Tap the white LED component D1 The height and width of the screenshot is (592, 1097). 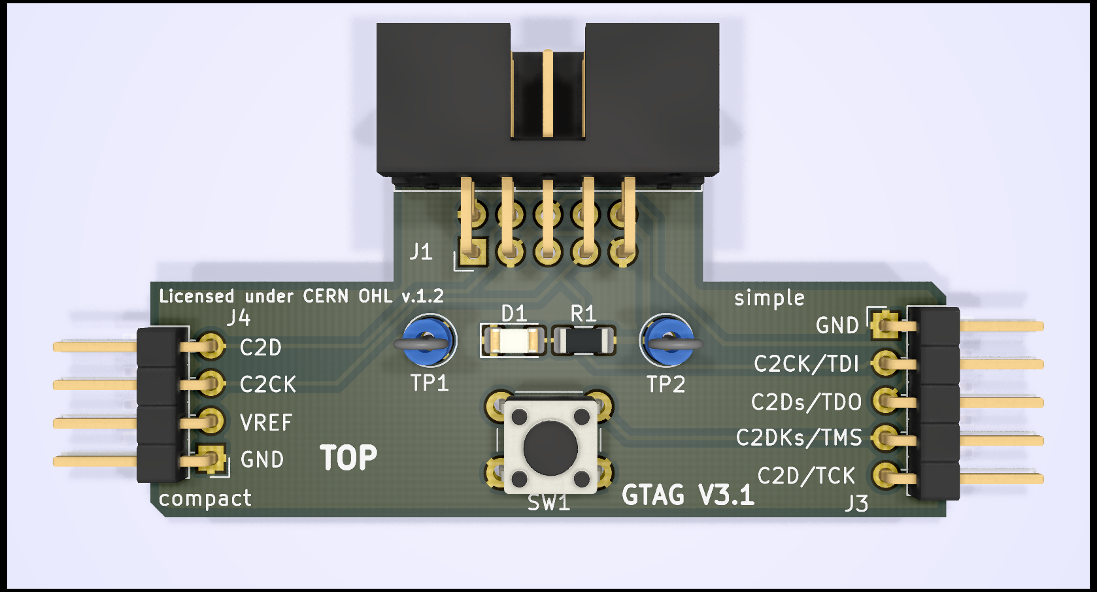click(513, 340)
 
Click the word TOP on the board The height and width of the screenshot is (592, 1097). click(348, 457)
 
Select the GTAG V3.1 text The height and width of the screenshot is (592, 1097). click(688, 495)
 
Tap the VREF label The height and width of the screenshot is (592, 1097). click(265, 423)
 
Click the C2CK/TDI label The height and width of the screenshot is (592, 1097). click(806, 363)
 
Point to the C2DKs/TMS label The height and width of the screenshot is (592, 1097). click(799, 437)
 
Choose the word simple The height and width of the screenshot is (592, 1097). click(769, 298)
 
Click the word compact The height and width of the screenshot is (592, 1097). click(205, 499)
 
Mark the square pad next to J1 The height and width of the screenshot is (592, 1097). click(472, 252)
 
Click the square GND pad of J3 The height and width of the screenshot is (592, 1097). click(885, 324)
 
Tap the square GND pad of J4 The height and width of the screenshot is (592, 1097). click(211, 459)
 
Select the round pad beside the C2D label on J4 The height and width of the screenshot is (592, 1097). click(211, 346)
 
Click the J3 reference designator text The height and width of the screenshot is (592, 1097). click(856, 503)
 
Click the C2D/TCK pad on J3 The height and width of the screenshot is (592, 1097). click(885, 476)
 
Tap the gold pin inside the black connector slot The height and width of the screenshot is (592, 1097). click(547, 93)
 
